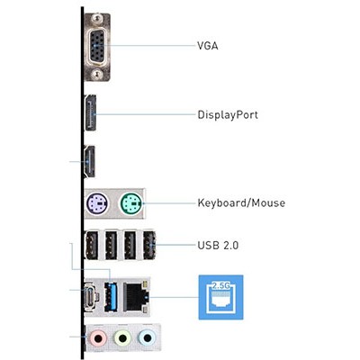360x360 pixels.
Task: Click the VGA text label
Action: (208, 46)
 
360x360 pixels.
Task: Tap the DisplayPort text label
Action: (228, 115)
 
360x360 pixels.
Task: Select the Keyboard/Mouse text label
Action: (241, 202)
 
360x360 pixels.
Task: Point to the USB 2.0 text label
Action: (218, 246)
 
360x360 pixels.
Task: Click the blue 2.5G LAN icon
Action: (221, 297)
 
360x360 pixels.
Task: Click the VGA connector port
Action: (97, 47)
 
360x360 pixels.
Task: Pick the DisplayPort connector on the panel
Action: (91, 112)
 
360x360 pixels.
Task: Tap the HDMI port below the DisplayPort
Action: (90, 161)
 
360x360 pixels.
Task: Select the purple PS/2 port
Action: (96, 204)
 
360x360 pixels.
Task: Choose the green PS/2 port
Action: (131, 204)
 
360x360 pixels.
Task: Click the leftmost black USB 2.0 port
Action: (92, 245)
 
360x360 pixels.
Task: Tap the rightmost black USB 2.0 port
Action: (149, 245)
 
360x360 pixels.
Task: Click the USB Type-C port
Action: (90, 295)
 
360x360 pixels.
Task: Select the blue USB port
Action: (111, 296)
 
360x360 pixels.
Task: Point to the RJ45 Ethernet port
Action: (136, 296)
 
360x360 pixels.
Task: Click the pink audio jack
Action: (98, 338)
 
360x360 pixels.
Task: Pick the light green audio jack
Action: (122, 338)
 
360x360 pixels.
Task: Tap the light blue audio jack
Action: (147, 338)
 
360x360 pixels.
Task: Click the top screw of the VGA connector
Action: (95, 19)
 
